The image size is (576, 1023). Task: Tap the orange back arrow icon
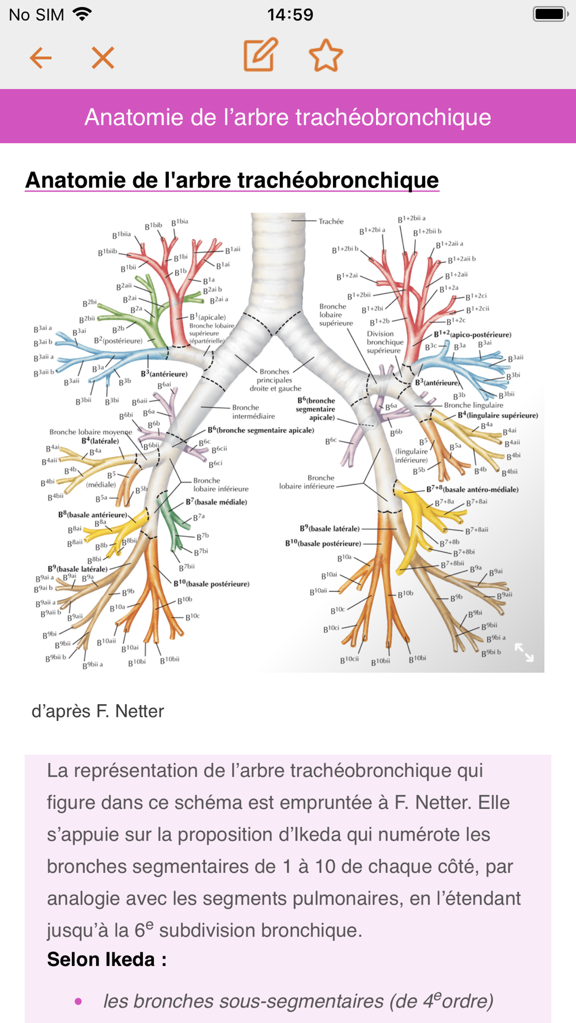tap(41, 58)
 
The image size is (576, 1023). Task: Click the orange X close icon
tap(103, 58)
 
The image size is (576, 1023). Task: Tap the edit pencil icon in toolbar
tap(260, 55)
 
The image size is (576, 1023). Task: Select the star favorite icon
tap(325, 56)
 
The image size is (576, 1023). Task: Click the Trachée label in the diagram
tap(331, 222)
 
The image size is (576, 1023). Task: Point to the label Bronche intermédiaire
tap(253, 411)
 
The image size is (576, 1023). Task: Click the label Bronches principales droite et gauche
tap(275, 380)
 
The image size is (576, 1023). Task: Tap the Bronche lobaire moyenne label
tap(90, 432)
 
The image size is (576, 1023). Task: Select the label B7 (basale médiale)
tap(216, 502)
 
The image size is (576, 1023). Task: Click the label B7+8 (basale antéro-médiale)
tap(472, 490)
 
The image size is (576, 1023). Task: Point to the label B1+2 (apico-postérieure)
tap(472, 334)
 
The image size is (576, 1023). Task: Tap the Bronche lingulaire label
tap(473, 405)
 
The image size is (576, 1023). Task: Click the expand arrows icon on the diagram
tap(524, 652)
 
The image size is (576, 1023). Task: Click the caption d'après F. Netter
tap(98, 711)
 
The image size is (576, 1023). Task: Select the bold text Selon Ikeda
tap(107, 959)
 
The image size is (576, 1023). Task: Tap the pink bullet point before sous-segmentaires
tap(78, 1002)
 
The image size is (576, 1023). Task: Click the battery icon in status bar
tap(550, 14)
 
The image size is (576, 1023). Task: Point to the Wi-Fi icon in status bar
tap(82, 14)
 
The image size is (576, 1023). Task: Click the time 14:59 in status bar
tap(290, 14)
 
